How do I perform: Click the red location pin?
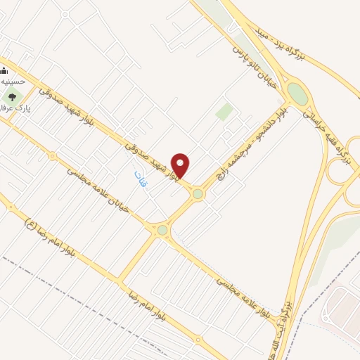181,165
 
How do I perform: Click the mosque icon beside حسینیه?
3,70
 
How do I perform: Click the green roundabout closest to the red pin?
198,193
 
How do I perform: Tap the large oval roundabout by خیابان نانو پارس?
297,94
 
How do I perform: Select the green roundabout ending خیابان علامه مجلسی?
162,230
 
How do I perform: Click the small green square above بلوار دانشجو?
224,112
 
